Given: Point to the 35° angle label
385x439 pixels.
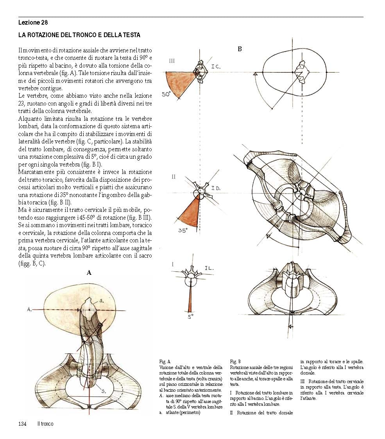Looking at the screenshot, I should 183,230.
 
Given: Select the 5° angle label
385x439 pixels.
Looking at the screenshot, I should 190,317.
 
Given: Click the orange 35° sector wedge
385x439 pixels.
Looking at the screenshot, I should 189,213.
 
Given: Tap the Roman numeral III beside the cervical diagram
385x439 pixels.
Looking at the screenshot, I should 172,61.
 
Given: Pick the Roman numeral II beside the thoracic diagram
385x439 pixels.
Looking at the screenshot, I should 174,177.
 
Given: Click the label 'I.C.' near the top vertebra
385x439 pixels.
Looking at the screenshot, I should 216,66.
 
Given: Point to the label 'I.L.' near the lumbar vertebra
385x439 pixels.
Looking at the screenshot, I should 209,268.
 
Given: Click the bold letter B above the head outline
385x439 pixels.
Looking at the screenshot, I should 240,49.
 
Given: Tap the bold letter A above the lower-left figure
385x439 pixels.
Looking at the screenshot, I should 89,273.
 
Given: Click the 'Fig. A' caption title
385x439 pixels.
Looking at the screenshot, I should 165,362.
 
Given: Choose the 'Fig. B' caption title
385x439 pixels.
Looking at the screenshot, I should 235,362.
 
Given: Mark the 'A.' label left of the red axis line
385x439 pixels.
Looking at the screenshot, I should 29,309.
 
